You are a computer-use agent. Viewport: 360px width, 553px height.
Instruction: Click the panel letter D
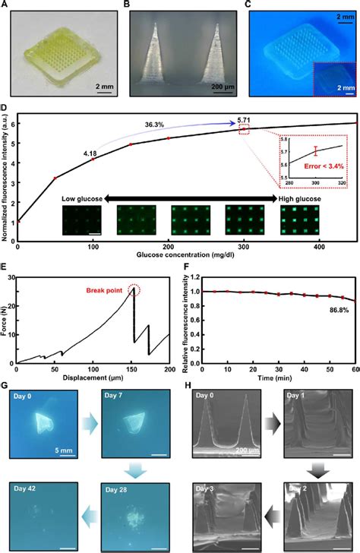click(x=5, y=120)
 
